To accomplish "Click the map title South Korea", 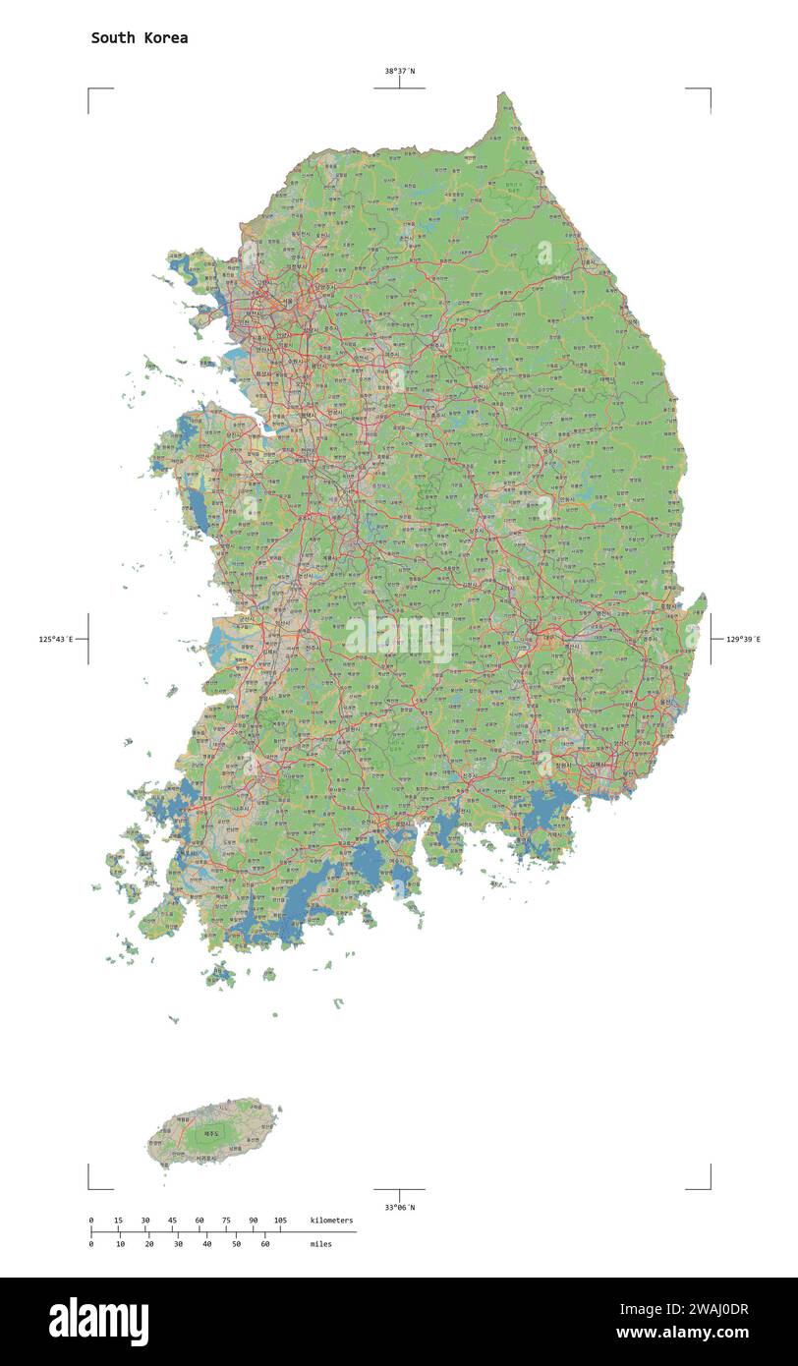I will tap(140, 38).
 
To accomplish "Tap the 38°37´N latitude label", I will tap(399, 71).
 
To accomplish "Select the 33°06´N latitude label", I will tap(399, 1207).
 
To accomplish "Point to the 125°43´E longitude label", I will tap(57, 640).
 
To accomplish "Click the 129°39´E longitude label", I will tap(743, 640).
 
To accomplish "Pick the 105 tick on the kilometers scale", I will tap(281, 1221).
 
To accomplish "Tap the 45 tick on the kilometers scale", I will tap(173, 1221).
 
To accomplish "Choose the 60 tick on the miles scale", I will tap(264, 1244).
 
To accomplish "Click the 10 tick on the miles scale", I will tap(120, 1244).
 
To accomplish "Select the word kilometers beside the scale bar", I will tap(331, 1221).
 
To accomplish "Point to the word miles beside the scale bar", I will tap(320, 1244).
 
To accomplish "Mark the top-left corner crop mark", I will tap(89, 89).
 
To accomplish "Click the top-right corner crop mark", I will tap(709, 89).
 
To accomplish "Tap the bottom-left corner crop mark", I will tap(89, 1187).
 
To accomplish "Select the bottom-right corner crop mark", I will tap(709, 1187).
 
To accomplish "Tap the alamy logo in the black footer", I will tap(98, 1322).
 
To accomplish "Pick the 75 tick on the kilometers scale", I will tap(227, 1221).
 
